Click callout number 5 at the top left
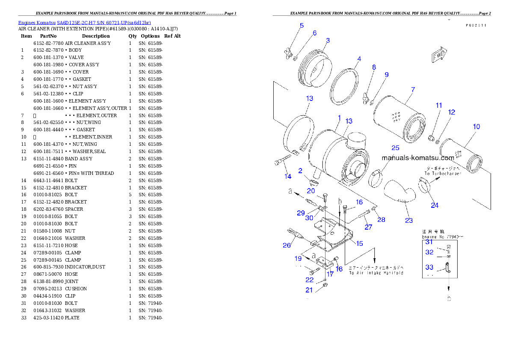(302, 26)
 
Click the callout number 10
(476, 127)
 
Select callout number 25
(395, 148)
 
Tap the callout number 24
(435, 205)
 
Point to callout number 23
(409, 220)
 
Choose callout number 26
(287, 245)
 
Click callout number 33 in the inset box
(429, 267)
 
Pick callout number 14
(288, 176)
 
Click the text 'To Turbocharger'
(443, 173)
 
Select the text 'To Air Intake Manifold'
(376, 272)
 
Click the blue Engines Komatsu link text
(84, 23)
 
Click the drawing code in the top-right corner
(476, 25)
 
